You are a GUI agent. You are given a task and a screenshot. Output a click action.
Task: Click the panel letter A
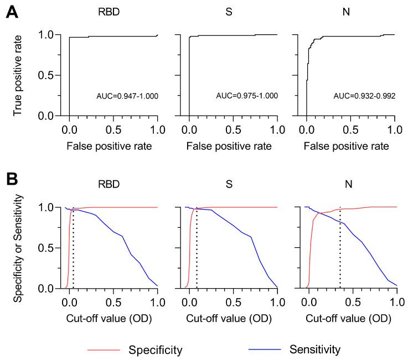pos(11,11)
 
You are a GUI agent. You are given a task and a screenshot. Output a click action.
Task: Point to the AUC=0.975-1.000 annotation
pos(246,96)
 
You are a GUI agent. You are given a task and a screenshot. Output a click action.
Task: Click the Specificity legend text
pos(156,349)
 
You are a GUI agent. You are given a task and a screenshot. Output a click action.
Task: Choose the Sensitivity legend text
pos(314,349)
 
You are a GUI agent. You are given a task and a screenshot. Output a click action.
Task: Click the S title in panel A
pos(233,10)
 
